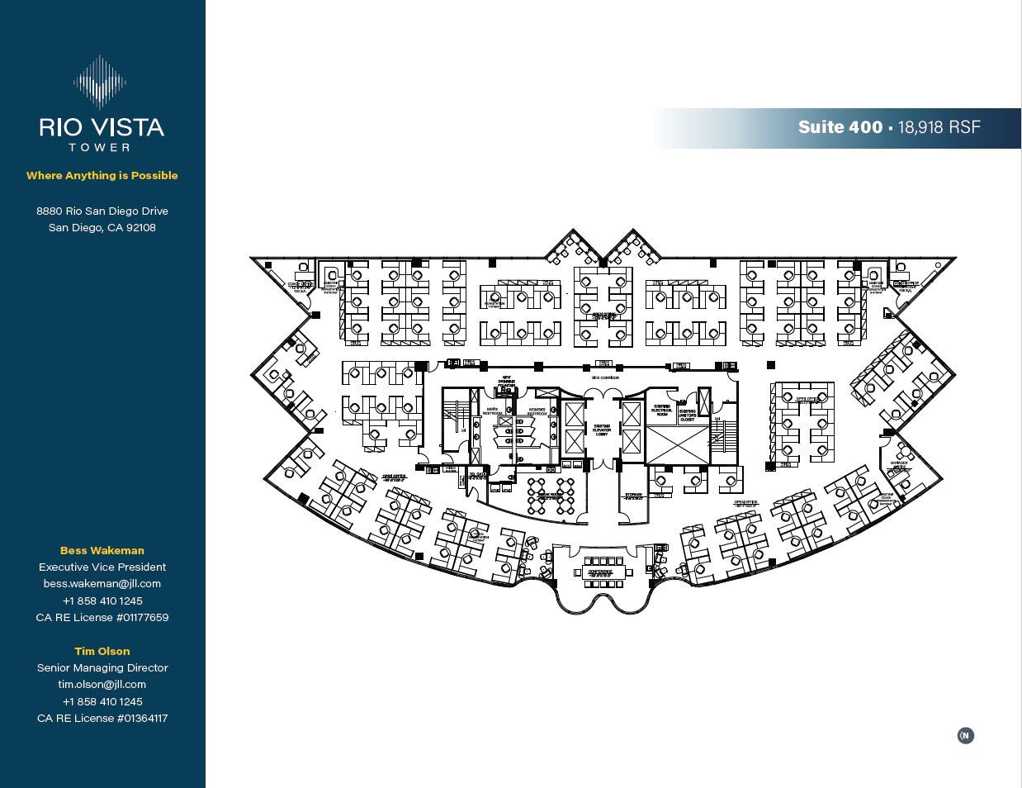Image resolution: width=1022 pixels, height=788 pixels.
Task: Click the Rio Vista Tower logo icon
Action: (x=101, y=82)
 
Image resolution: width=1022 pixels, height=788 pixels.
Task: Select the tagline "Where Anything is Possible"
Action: (x=102, y=175)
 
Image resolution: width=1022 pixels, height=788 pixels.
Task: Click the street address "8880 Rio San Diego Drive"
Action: (x=102, y=211)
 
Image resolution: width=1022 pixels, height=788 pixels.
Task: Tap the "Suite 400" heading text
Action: (x=840, y=127)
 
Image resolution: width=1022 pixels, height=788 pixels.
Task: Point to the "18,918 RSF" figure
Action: (x=939, y=127)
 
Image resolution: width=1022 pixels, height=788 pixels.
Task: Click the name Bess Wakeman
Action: (x=102, y=550)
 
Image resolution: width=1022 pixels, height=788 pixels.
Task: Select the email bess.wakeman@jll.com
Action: (x=102, y=583)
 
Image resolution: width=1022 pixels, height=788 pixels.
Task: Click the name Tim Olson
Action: (x=102, y=651)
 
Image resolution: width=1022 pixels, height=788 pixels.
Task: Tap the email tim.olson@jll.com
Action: (x=102, y=684)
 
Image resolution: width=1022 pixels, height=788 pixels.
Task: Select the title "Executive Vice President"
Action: (x=102, y=567)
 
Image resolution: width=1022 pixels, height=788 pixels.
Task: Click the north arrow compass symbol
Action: (x=965, y=735)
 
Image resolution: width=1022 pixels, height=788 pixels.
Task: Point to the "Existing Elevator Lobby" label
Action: (x=602, y=430)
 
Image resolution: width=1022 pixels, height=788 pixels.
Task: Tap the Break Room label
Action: (x=550, y=496)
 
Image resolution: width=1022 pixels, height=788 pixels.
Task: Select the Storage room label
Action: (x=633, y=496)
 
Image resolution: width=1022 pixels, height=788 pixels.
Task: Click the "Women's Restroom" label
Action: (x=537, y=411)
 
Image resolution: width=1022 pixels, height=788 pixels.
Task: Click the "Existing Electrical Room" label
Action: (x=662, y=410)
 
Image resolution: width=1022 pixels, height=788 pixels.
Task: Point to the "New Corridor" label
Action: (x=604, y=377)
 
